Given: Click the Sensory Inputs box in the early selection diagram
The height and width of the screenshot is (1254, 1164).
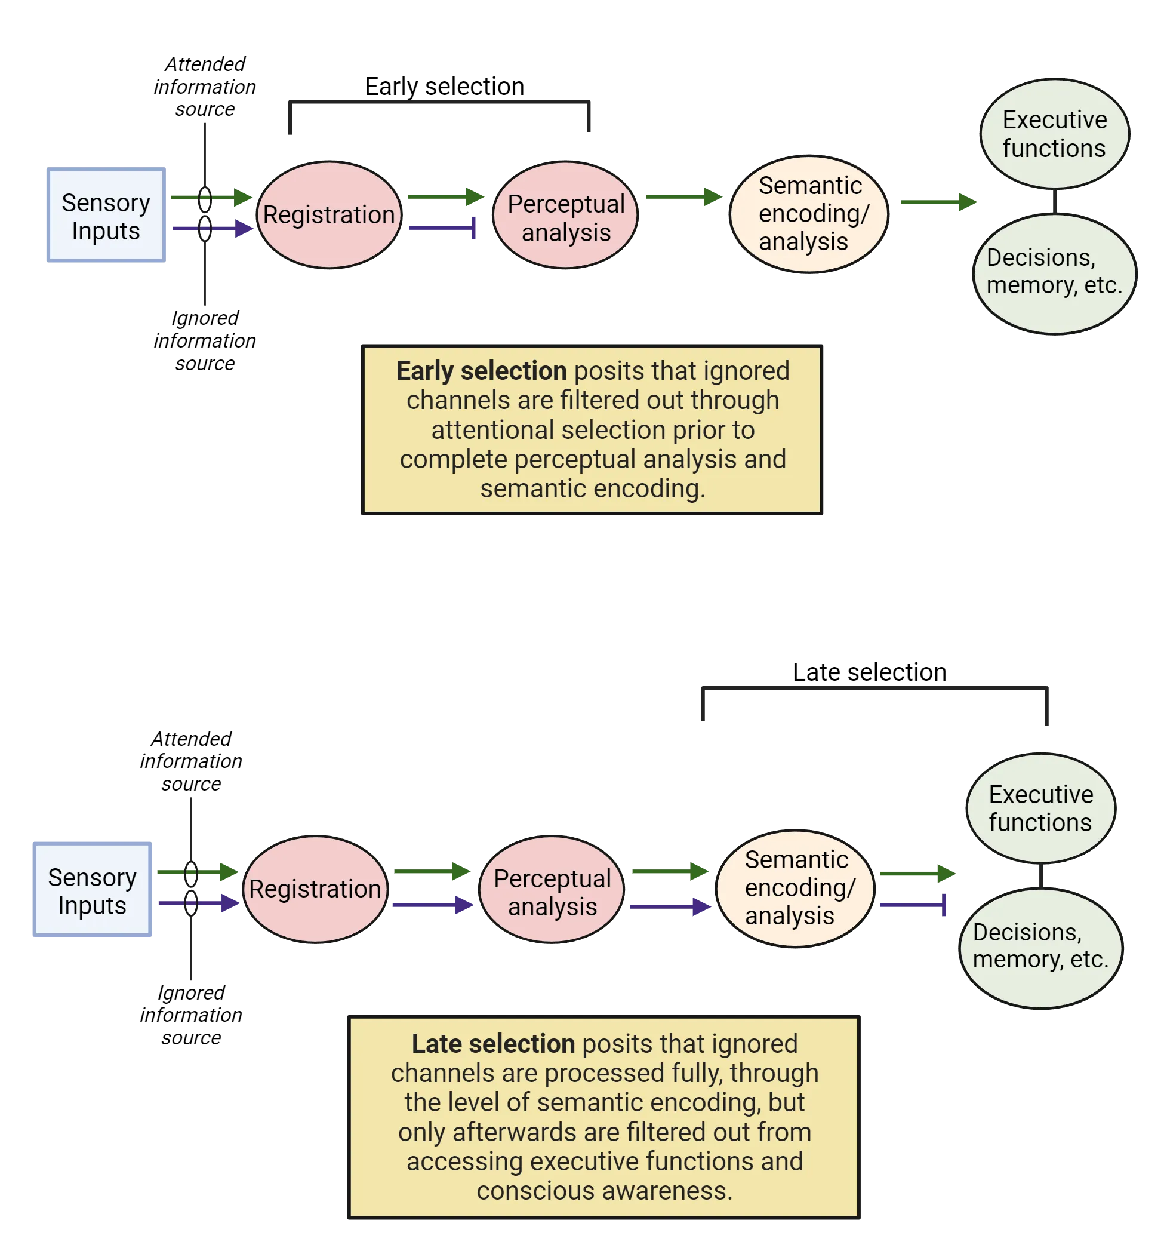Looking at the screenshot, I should pos(105,216).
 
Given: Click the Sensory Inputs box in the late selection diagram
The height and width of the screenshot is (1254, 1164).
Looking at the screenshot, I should pos(91,890).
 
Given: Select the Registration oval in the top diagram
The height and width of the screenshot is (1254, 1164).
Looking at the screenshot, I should pos(328,215).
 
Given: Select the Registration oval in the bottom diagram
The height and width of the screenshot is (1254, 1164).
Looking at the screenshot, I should pos(315,889).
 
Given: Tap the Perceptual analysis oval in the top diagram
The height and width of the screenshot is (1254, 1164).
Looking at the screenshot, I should pos(565,216).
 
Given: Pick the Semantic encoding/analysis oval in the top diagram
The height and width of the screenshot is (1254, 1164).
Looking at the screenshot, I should pos(809,214).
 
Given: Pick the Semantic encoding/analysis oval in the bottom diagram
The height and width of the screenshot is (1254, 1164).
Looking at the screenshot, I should pos(795,889).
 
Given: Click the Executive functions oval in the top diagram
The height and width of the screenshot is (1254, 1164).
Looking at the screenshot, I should pos(1054,134).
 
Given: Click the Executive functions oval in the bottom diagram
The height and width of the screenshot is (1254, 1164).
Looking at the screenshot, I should pos(1040,808).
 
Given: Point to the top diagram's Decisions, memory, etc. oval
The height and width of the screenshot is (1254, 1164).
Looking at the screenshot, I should pos(1054,273).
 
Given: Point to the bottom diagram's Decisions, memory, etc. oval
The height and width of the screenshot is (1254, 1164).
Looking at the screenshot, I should pos(1040,947).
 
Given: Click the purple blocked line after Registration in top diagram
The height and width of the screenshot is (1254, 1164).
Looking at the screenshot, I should pos(441,229).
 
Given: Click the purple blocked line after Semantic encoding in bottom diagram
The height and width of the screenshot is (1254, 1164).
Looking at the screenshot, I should pos(913,905).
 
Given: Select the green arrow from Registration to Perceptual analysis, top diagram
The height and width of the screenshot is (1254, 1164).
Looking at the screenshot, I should pos(444,196).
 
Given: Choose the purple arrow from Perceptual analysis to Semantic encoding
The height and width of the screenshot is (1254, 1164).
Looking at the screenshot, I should pos(668,907).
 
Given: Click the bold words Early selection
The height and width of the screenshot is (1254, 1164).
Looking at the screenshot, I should pos(481,371).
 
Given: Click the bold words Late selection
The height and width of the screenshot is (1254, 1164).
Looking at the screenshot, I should pos(493,1044).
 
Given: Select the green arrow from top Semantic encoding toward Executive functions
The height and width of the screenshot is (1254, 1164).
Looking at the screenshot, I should pos(937,202).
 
